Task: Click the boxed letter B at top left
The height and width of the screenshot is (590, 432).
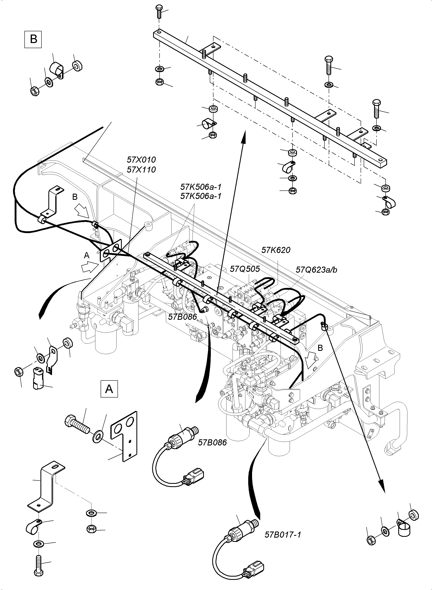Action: coord(33,39)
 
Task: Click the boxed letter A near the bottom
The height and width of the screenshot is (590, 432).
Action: coord(109,389)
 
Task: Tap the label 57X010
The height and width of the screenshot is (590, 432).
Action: coord(141,159)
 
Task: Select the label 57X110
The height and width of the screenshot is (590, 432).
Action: coord(141,170)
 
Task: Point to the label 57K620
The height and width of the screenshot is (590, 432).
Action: coord(276,250)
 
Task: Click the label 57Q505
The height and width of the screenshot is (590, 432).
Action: coord(245,269)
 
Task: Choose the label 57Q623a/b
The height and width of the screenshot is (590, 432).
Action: coord(316,270)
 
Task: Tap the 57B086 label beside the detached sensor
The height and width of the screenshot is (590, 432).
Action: coord(212,442)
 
